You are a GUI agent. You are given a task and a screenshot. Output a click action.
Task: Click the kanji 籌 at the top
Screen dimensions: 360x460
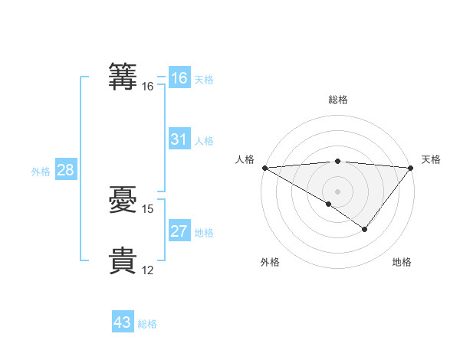(x=123, y=77)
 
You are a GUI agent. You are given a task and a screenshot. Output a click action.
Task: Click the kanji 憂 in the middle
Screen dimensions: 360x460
(x=123, y=200)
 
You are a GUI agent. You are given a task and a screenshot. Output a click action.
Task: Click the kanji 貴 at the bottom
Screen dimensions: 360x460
(x=123, y=260)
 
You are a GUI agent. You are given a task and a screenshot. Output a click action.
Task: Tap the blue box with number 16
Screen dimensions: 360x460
(x=179, y=78)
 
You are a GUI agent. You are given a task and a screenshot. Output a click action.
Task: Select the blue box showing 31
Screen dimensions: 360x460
(x=179, y=139)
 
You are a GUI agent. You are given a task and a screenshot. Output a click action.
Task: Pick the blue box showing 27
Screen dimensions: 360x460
(x=179, y=231)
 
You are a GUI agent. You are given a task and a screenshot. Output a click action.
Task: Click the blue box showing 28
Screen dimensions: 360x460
(x=65, y=170)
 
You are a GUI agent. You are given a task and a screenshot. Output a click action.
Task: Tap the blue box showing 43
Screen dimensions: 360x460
(x=122, y=322)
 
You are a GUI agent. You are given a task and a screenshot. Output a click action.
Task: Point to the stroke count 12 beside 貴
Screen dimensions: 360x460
(x=148, y=270)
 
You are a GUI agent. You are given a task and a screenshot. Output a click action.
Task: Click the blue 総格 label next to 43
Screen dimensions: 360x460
(x=147, y=324)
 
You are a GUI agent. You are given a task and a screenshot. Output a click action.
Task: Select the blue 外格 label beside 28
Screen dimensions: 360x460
(x=41, y=172)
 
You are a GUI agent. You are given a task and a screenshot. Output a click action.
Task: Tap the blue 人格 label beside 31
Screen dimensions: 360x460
(x=204, y=141)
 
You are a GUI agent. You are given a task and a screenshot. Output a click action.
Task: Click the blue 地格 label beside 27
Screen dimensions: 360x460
(x=204, y=233)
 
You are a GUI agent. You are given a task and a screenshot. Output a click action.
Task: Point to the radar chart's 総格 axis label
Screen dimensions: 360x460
(x=338, y=100)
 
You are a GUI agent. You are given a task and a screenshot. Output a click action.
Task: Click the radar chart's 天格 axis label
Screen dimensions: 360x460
(x=431, y=159)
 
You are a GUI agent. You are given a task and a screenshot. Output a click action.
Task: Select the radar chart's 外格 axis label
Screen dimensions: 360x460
(x=270, y=263)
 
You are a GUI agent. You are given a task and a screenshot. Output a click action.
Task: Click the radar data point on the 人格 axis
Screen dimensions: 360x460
(x=264, y=168)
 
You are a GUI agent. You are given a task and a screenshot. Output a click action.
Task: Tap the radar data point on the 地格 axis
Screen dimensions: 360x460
(x=365, y=229)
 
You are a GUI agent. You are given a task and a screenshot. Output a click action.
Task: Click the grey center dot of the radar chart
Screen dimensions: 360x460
(x=338, y=191)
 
